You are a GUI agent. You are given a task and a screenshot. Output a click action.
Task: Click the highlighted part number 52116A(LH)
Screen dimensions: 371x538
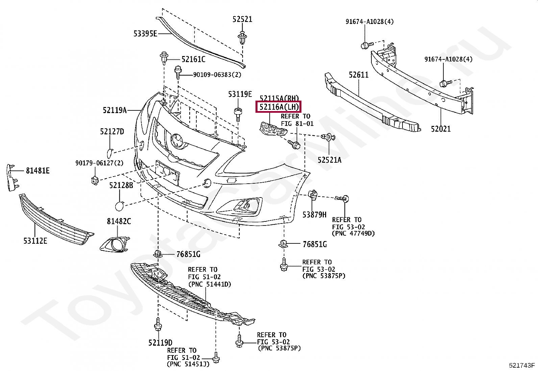[x=279, y=107]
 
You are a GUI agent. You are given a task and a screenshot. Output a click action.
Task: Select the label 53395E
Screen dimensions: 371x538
[x=145, y=33]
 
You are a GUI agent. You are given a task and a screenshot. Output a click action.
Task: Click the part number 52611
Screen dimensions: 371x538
[x=359, y=75]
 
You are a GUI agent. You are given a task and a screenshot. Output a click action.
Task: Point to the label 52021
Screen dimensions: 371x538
[x=440, y=129]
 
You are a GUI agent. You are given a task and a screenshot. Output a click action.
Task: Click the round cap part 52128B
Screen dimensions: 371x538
[x=120, y=206]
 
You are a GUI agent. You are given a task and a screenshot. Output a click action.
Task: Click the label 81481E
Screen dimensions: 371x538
[x=38, y=171]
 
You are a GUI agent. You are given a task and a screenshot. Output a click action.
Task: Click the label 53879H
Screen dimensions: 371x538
[x=314, y=214]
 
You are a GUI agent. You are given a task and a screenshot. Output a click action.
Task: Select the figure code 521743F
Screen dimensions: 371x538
[x=522, y=366]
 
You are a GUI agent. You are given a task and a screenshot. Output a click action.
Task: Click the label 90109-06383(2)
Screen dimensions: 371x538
[x=217, y=75]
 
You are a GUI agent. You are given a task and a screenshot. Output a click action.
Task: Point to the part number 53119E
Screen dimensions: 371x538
[x=240, y=94]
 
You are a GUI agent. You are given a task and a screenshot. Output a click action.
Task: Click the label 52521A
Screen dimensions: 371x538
[x=329, y=160]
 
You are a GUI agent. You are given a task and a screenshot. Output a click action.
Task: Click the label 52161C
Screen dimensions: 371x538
[x=193, y=59]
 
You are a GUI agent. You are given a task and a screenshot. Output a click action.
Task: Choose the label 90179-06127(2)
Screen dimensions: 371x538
[x=99, y=163]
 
